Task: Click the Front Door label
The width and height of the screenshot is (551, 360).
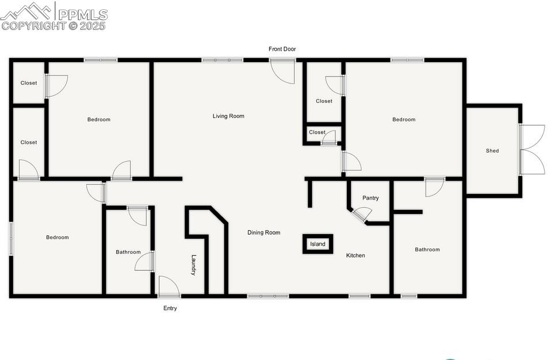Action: click(282, 49)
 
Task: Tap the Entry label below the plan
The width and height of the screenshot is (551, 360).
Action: click(170, 308)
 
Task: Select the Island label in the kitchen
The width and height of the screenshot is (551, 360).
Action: click(317, 244)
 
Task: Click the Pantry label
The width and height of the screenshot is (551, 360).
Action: click(370, 198)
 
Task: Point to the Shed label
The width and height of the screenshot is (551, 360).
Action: click(492, 151)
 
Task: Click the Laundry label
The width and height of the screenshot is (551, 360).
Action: click(194, 265)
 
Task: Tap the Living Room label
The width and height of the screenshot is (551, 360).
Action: click(228, 116)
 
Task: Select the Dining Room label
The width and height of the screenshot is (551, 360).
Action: click(264, 232)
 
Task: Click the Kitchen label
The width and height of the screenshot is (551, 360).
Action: click(355, 255)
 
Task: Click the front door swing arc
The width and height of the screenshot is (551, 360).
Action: click(283, 72)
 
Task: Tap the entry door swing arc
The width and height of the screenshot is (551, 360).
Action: click(169, 286)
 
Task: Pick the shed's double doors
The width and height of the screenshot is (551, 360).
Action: click(531, 150)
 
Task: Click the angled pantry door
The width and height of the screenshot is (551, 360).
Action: click(361, 215)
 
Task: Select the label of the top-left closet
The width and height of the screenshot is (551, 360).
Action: click(29, 83)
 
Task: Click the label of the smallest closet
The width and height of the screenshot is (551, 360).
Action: click(317, 132)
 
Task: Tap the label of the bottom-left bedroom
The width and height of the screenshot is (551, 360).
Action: click(58, 238)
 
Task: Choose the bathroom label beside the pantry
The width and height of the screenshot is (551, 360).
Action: click(427, 250)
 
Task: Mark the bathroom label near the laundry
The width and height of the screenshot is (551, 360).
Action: click(128, 252)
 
